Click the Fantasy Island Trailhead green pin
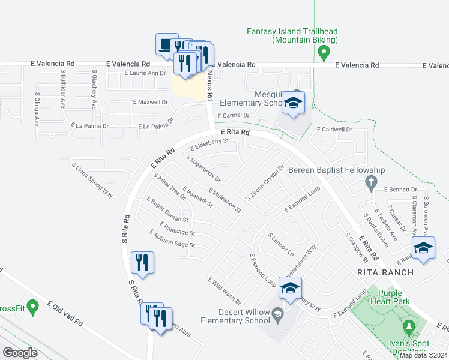click(x=324, y=54)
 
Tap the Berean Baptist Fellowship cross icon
click(x=371, y=182)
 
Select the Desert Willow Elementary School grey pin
click(x=277, y=313)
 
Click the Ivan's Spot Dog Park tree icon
click(x=409, y=327)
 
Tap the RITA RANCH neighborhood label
click(x=385, y=272)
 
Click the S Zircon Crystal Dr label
click(x=265, y=183)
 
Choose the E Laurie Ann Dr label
click(x=145, y=73)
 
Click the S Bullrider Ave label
click(x=63, y=88)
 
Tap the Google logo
click(x=20, y=353)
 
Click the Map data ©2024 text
click(x=423, y=355)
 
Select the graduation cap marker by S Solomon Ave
click(x=424, y=248)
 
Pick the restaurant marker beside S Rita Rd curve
click(x=143, y=263)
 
